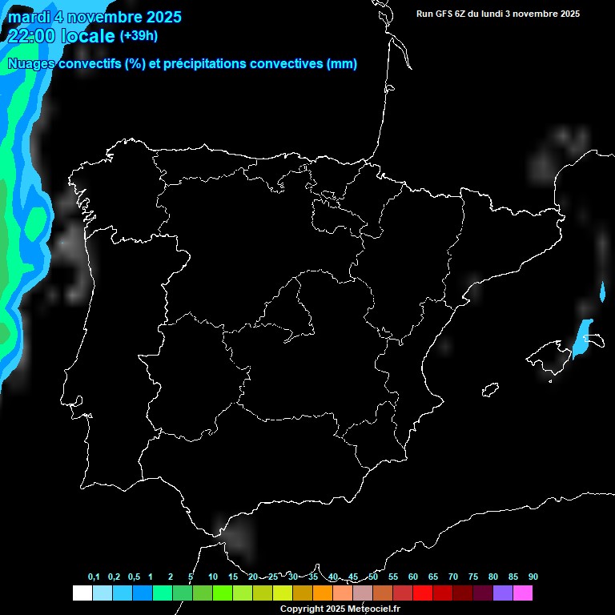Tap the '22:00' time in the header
pos(31,36)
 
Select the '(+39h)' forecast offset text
pos(139,35)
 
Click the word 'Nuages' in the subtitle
pos(31,64)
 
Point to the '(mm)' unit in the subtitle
pos(342,64)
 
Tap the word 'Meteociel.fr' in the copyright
pos(373,609)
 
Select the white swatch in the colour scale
pos(82,593)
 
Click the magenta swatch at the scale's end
pos(523,593)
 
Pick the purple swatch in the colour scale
pos(503,593)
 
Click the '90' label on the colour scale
pos(533,577)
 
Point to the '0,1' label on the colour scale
pos(94,577)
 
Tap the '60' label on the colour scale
pos(412,577)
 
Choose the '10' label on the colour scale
pos(212,577)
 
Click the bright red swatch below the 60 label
pos(423,593)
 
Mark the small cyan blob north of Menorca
pos(602,291)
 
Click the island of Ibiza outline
pos(490,390)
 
